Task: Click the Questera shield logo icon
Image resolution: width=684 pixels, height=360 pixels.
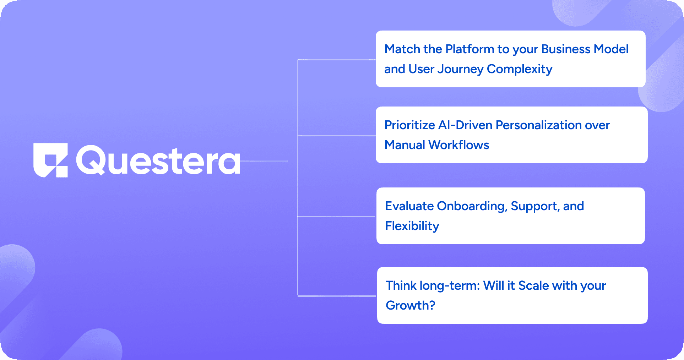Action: click(50, 160)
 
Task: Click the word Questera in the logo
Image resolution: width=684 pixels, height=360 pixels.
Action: click(158, 160)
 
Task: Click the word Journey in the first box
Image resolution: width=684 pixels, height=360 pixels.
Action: click(461, 69)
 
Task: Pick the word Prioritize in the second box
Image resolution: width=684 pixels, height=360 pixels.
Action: click(410, 125)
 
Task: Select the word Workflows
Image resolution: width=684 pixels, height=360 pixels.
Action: click(458, 145)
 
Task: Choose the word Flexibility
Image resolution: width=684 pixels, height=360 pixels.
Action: click(412, 226)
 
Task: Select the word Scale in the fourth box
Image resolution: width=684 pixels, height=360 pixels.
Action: click(534, 285)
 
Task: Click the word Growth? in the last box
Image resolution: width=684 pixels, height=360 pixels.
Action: click(411, 305)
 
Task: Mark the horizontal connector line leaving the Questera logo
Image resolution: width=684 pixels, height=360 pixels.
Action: click(264, 161)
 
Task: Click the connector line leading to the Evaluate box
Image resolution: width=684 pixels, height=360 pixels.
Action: click(336, 216)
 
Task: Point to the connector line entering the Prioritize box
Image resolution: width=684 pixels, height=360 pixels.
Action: click(336, 135)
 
